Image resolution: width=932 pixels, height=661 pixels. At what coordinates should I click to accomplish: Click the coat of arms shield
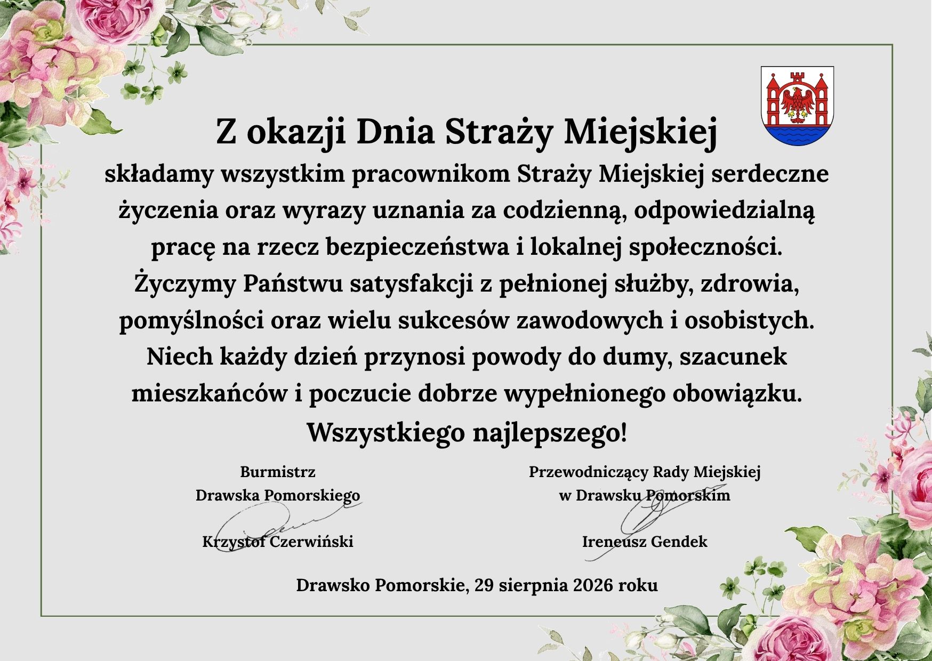coord(797,106)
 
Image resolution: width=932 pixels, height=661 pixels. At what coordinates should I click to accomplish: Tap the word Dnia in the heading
coord(395,133)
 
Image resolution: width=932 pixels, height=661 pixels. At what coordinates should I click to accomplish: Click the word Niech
coord(180,357)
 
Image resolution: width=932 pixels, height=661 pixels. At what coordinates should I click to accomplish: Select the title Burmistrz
coord(278,472)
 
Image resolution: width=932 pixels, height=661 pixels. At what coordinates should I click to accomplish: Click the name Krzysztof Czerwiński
coord(278,542)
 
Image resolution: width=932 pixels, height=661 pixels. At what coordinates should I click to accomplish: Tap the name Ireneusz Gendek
coord(645,542)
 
